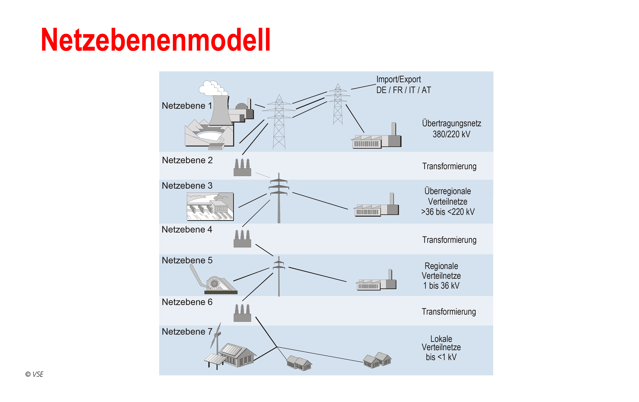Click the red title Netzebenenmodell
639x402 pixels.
[155, 40]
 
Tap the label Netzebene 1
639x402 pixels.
[187, 106]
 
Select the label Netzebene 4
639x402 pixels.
[187, 230]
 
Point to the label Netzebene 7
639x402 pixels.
[187, 332]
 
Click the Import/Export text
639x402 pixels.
[398, 79]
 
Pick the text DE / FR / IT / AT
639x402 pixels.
[403, 90]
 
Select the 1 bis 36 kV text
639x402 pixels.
[441, 286]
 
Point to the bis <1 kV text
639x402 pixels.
[441, 357]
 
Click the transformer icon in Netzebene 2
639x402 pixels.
[242, 167]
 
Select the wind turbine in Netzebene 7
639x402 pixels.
[216, 338]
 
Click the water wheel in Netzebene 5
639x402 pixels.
[214, 283]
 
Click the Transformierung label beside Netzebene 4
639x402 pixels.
[449, 240]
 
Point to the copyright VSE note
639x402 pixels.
[34, 374]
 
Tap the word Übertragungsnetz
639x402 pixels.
[451, 124]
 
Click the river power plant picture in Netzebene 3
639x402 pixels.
[210, 207]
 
